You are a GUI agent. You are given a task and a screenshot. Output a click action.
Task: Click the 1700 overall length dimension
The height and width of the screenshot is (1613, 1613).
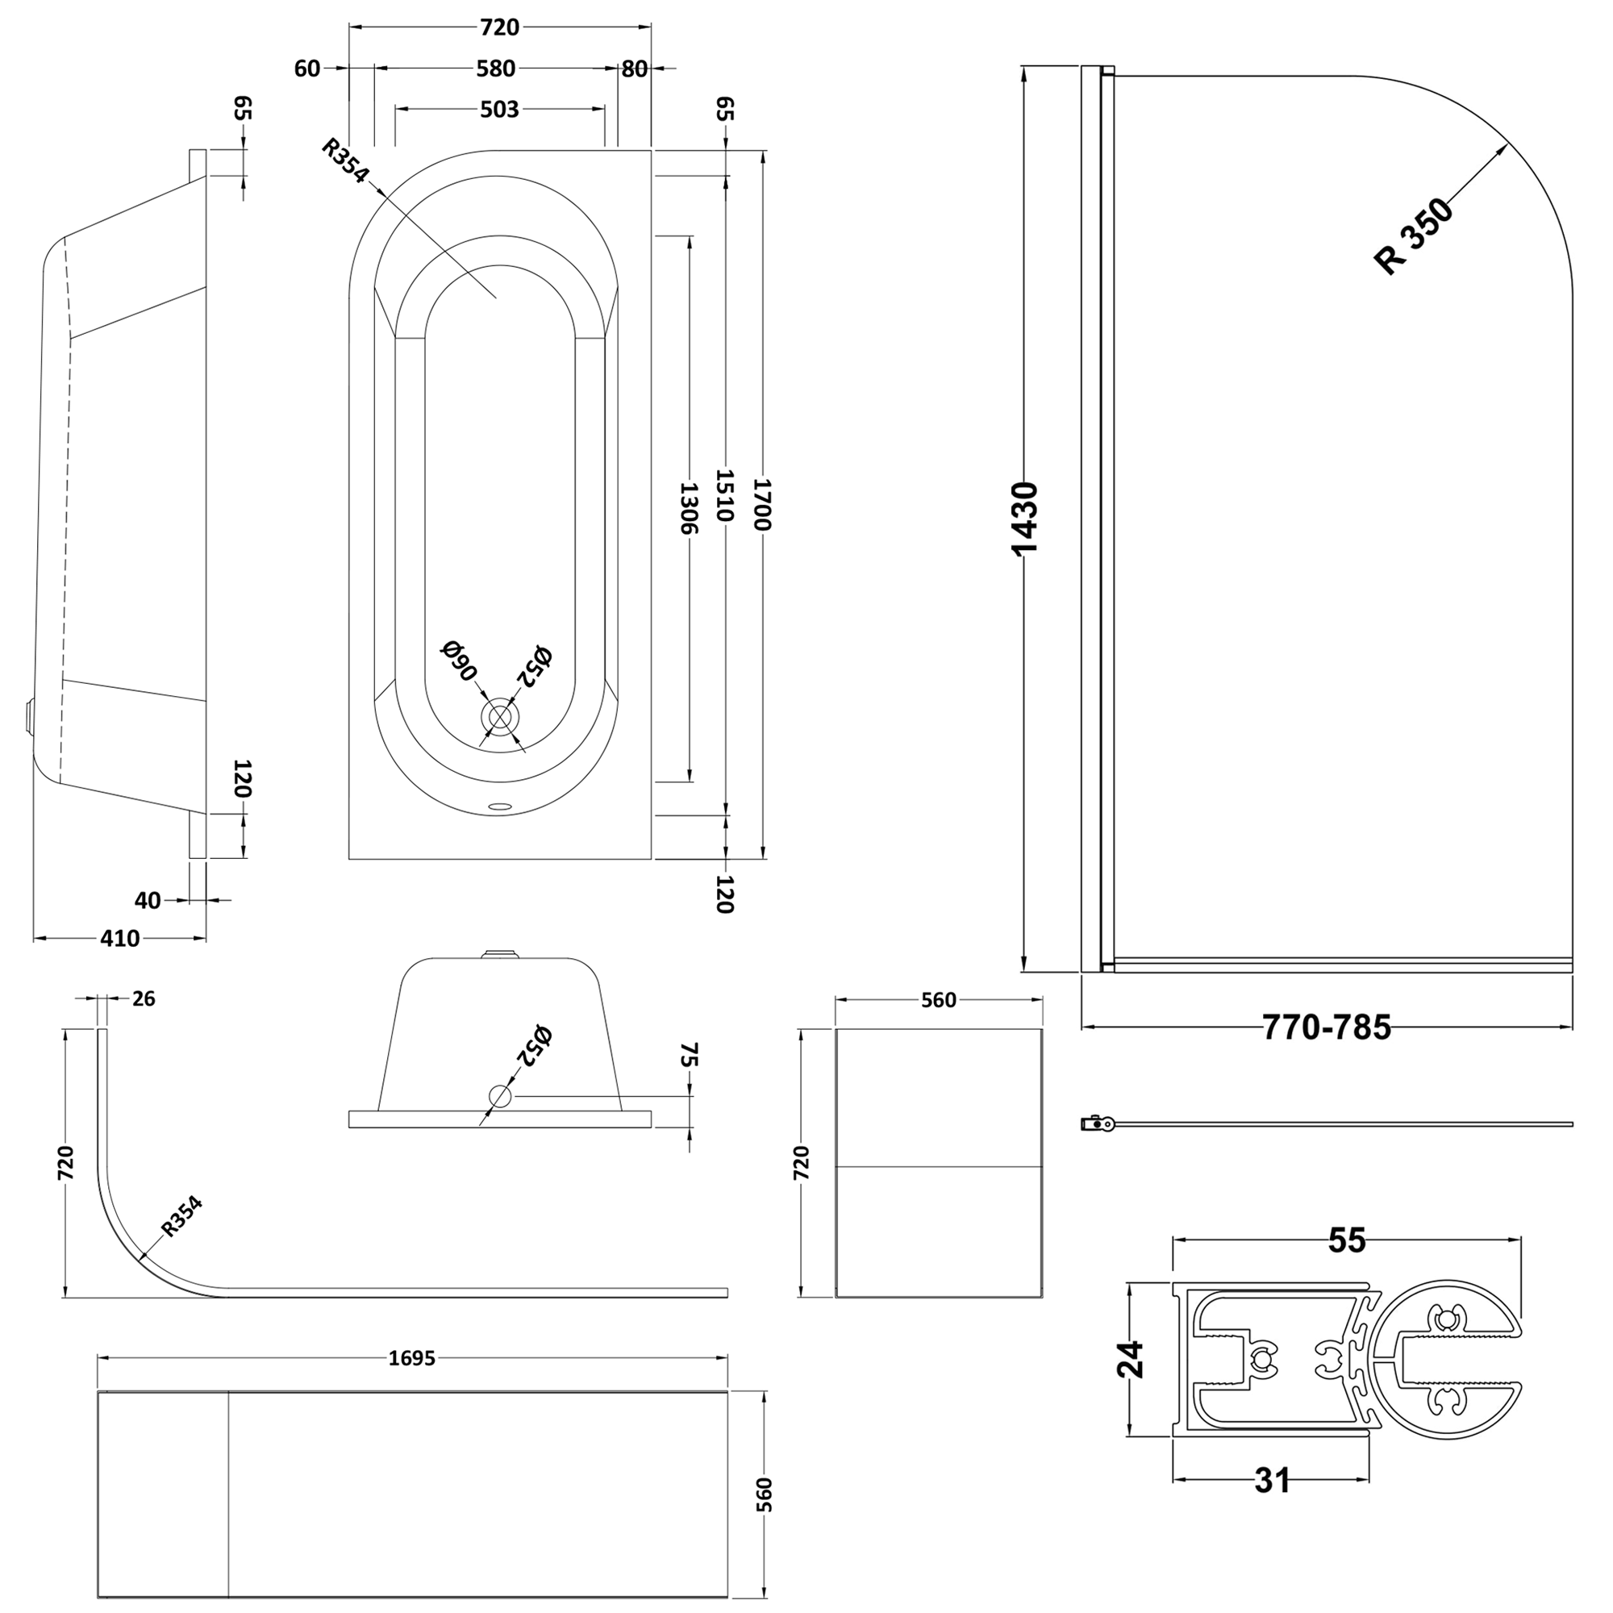pyautogui.click(x=763, y=504)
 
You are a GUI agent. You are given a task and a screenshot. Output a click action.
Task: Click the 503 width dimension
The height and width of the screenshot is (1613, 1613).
pyautogui.click(x=499, y=110)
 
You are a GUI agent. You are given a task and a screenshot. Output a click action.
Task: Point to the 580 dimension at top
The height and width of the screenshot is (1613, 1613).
pyautogui.click(x=496, y=69)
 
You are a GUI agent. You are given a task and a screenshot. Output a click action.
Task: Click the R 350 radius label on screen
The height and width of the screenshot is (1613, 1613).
pyautogui.click(x=1415, y=236)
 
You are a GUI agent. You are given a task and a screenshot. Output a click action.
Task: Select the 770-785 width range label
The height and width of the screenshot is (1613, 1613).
pyautogui.click(x=1326, y=1027)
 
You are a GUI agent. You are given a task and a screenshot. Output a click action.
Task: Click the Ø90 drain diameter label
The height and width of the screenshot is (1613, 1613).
pyautogui.click(x=459, y=661)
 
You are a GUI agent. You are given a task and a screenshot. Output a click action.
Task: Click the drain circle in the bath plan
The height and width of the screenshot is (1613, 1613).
pyautogui.click(x=499, y=718)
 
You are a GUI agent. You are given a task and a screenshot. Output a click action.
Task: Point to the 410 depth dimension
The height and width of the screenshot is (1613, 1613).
pyautogui.click(x=119, y=939)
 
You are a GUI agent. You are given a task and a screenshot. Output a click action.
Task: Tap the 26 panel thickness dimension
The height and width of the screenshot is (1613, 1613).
pyautogui.click(x=144, y=998)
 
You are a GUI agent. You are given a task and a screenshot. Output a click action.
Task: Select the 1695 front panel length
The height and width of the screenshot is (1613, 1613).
pyautogui.click(x=412, y=1358)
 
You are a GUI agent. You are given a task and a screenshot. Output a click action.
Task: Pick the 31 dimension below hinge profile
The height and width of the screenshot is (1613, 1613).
pyautogui.click(x=1273, y=1481)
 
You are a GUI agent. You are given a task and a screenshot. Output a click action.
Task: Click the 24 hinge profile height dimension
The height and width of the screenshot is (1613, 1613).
pyautogui.click(x=1132, y=1359)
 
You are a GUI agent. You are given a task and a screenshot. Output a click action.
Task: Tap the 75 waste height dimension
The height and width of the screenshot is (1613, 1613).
pyautogui.click(x=689, y=1054)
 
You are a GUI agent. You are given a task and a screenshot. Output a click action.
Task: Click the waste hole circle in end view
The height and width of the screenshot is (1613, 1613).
pyautogui.click(x=500, y=1096)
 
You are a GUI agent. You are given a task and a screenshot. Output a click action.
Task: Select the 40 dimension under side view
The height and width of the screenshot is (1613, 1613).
pyautogui.click(x=147, y=900)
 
